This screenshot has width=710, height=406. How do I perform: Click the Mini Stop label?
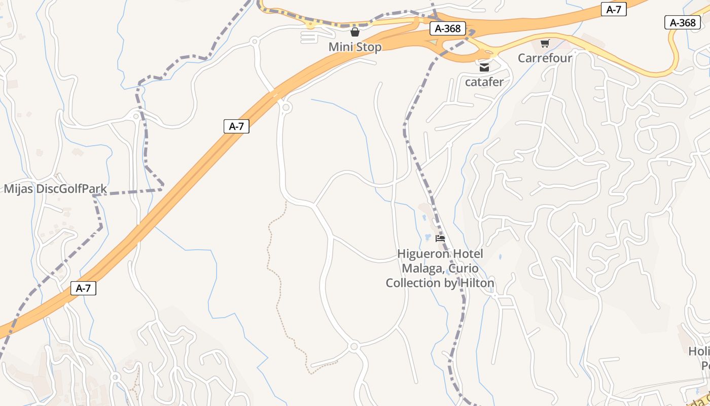(355, 47)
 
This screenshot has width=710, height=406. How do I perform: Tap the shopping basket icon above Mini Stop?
(355, 32)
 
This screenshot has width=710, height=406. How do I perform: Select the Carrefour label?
(545, 58)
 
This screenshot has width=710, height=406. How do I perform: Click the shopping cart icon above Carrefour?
(545, 43)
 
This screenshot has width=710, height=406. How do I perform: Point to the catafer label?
(484, 82)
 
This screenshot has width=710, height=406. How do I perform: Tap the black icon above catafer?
(484, 67)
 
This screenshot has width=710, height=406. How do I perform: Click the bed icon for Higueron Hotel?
(440, 238)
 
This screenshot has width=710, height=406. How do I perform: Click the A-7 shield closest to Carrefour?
(614, 9)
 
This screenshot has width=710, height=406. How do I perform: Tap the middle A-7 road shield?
(236, 126)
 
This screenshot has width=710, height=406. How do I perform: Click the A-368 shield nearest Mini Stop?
(448, 28)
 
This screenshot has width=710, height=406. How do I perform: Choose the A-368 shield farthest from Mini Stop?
(683, 22)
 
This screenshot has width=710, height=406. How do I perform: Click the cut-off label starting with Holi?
(699, 351)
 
